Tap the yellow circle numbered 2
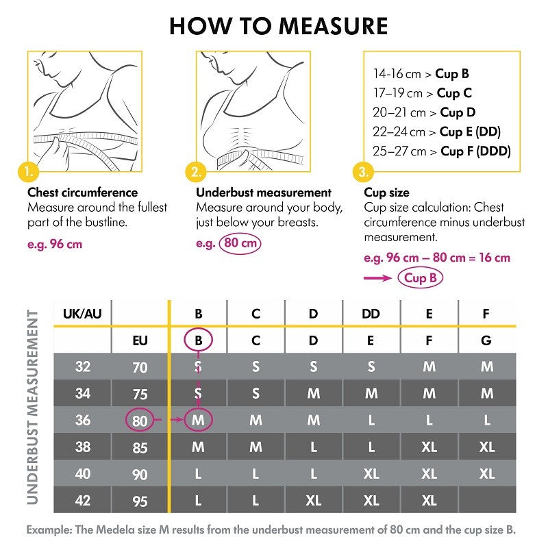tap(197, 171)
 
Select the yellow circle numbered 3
tap(363, 171)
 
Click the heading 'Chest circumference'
tap(82, 192)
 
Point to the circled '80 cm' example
tap(240, 243)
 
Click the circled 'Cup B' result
tap(421, 277)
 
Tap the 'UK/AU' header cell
tap(82, 314)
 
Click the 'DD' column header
tap(371, 314)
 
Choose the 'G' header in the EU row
tap(486, 340)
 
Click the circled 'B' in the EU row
tap(199, 340)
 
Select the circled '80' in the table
tap(140, 420)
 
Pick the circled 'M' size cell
tap(199, 420)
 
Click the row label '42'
tap(82, 500)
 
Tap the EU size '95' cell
tap(140, 501)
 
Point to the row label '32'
tap(82, 366)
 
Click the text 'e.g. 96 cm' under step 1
tap(55, 243)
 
